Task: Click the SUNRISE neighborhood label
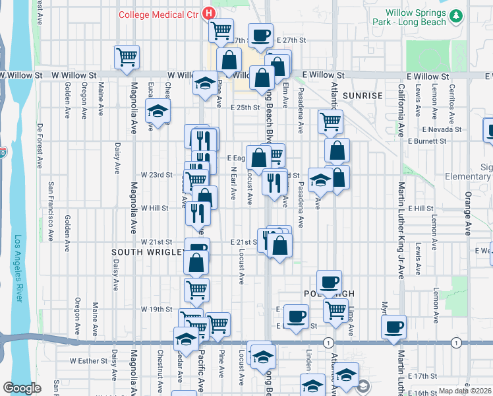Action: (362, 96)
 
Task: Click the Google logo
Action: (22, 388)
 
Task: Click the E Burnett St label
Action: (428, 141)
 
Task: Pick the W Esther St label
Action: (88, 361)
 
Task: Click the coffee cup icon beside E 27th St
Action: (260, 35)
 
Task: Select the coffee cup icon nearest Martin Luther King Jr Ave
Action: (394, 326)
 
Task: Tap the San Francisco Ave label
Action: (51, 211)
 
